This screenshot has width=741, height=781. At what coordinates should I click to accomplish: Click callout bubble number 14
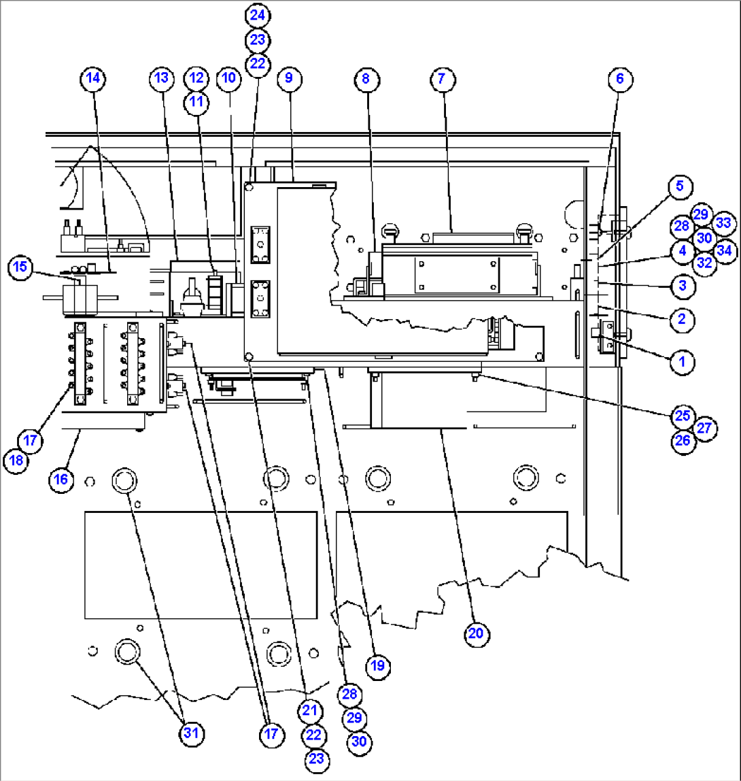pos(93,79)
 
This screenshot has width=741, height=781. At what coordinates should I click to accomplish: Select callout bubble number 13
pos(160,79)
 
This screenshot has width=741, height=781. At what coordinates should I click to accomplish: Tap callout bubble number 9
pos(289,79)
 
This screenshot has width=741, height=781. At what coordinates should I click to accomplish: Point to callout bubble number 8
pos(366,79)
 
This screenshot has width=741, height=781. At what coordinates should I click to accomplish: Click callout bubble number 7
pos(442,79)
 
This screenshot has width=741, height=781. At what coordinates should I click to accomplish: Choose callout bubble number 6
pos(619,79)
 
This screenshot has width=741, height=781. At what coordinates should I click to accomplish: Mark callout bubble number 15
pos(20,267)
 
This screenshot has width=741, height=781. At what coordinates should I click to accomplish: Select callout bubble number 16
pos(61,479)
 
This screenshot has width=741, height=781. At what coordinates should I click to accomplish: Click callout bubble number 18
pos(16,461)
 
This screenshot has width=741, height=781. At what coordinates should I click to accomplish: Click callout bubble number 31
pos(193,733)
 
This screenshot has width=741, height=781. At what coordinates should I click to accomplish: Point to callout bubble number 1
pos(680,361)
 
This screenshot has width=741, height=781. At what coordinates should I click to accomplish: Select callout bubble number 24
pos(258,14)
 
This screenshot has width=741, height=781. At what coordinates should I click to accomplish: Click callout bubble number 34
pos(725,250)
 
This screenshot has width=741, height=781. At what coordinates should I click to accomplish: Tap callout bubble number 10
pos(229,79)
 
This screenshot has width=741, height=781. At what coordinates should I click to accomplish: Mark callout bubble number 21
pos(309,710)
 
